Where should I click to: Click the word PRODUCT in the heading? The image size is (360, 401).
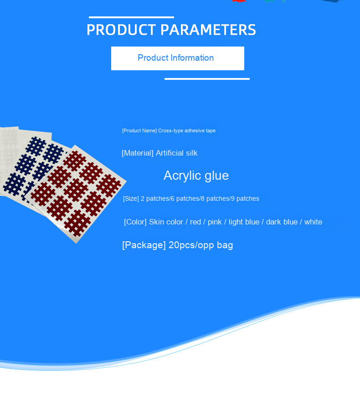(x=121, y=30)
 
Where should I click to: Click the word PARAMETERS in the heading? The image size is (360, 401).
(x=208, y=30)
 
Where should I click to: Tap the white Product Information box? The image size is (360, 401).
(x=178, y=58)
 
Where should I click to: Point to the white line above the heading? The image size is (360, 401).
(x=131, y=17)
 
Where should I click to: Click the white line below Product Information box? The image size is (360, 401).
(x=207, y=79)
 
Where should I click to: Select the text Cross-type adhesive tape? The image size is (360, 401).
(x=187, y=130)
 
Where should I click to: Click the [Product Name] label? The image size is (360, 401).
(x=139, y=130)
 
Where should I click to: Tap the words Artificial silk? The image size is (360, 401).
(x=176, y=153)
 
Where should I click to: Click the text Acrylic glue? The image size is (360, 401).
(x=196, y=176)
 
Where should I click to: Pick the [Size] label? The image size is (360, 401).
(x=131, y=199)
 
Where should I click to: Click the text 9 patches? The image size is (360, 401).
(x=245, y=199)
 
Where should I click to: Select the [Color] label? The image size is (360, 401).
(x=135, y=222)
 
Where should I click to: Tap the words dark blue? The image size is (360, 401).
(x=282, y=222)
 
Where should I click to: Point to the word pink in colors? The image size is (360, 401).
(x=215, y=222)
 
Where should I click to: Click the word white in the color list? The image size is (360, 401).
(x=313, y=222)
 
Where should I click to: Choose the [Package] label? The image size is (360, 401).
(x=144, y=245)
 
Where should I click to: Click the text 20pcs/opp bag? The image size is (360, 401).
(x=201, y=245)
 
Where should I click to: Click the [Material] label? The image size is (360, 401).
(x=138, y=153)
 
